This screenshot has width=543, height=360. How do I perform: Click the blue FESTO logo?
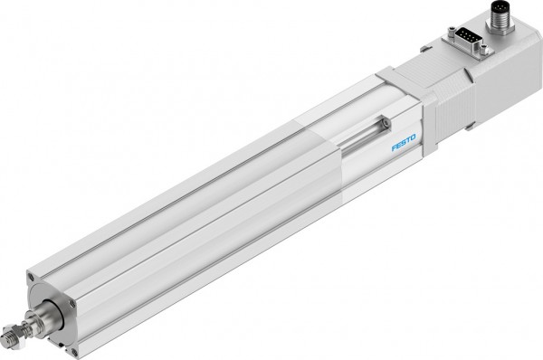tap(404, 143)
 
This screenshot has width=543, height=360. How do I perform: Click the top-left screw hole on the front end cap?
tap(31, 277)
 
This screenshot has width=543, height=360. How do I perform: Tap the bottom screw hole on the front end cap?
tap(74, 352)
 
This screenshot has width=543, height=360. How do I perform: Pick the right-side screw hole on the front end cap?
tap(71, 303)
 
